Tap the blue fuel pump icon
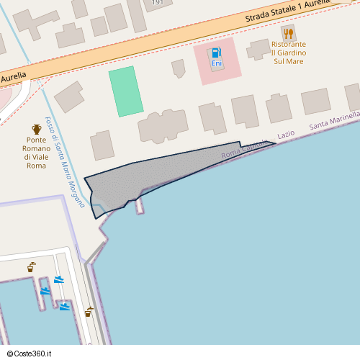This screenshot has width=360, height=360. (x=216, y=53)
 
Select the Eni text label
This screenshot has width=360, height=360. (x=216, y=64)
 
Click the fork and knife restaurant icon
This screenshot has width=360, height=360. (x=289, y=33)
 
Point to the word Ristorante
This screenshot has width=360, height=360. (x=289, y=45)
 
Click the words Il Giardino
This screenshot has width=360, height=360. (x=289, y=53)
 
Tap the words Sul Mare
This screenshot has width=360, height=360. (x=289, y=62)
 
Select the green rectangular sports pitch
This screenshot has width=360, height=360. (x=126, y=91)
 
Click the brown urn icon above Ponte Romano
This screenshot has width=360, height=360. (x=36, y=127)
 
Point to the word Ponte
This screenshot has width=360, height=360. (x=36, y=140)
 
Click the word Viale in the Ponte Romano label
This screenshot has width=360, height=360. (x=35, y=157)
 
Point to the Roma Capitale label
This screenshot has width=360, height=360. (x=245, y=147)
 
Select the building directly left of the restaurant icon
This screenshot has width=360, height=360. (x=258, y=50)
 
